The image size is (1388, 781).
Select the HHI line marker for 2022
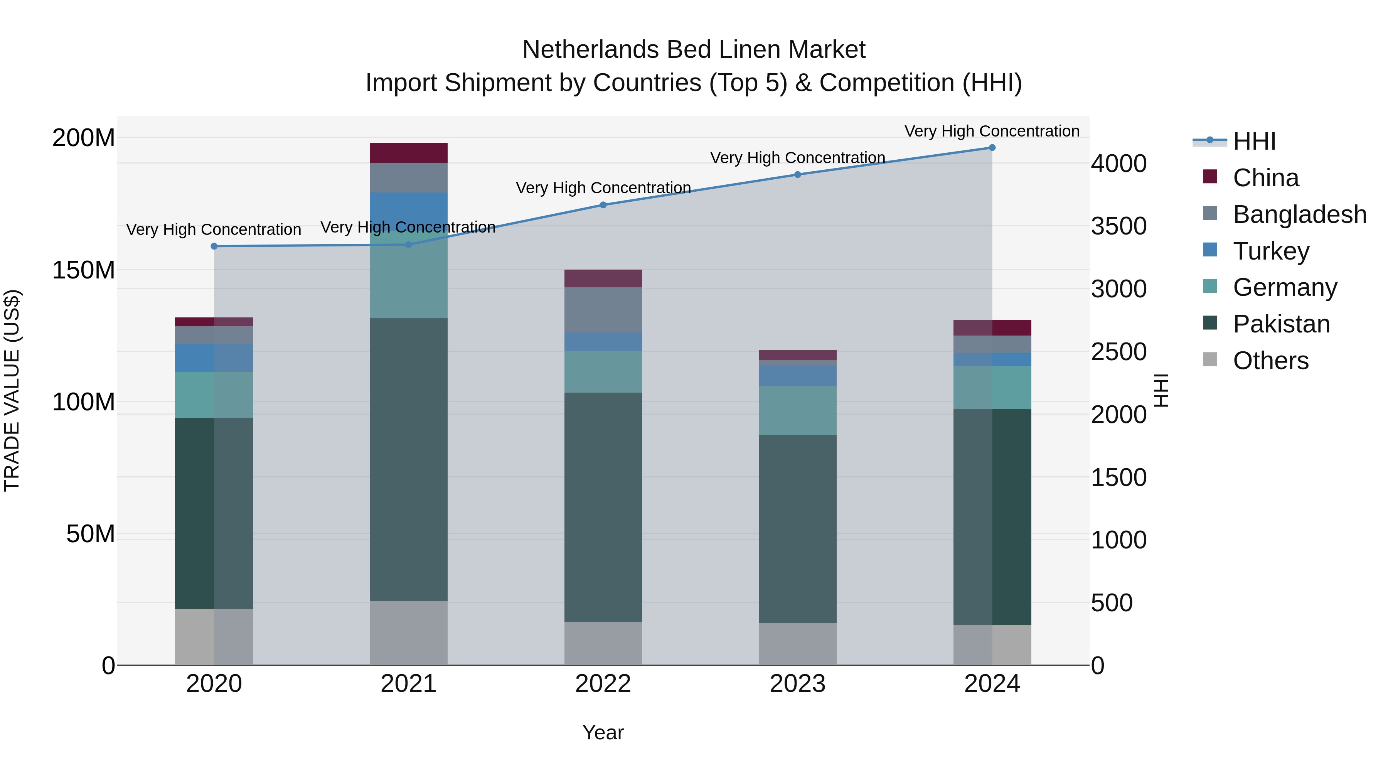pyautogui.click(x=603, y=205)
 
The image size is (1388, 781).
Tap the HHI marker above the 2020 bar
pyautogui.click(x=214, y=246)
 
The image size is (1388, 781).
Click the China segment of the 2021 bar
pyautogui.click(x=408, y=153)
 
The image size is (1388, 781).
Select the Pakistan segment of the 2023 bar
pyautogui.click(x=797, y=529)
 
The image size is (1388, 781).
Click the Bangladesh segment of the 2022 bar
pyautogui.click(x=603, y=310)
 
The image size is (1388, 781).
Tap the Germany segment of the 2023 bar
pyautogui.click(x=797, y=410)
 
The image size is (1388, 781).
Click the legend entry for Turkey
pyautogui.click(x=1270, y=251)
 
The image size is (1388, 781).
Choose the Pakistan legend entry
pyautogui.click(x=1281, y=324)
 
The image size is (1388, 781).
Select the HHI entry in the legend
pyautogui.click(x=1254, y=141)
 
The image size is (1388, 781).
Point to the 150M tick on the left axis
pyautogui.click(x=84, y=270)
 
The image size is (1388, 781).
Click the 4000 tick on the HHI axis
pyautogui.click(x=1118, y=164)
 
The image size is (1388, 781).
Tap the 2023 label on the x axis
pyautogui.click(x=797, y=684)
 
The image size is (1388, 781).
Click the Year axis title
pyautogui.click(x=603, y=732)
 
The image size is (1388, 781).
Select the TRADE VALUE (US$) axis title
pyautogui.click(x=12, y=390)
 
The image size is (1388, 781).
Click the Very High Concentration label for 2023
pyautogui.click(x=797, y=158)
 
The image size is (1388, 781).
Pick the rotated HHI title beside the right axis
pyautogui.click(x=1161, y=390)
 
